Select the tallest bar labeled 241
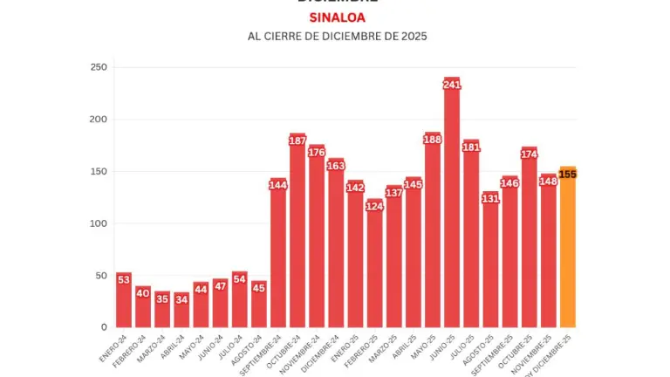pos(452,209)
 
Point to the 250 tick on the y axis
pos(99,67)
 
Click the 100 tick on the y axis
pos(99,223)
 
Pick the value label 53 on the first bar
pos(124,280)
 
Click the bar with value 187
pos(297,236)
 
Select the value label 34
pos(181,300)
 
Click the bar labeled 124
pos(374,266)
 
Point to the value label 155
pos(567,175)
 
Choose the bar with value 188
pos(433,236)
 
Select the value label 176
pos(317,153)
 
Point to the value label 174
pos(529,154)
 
